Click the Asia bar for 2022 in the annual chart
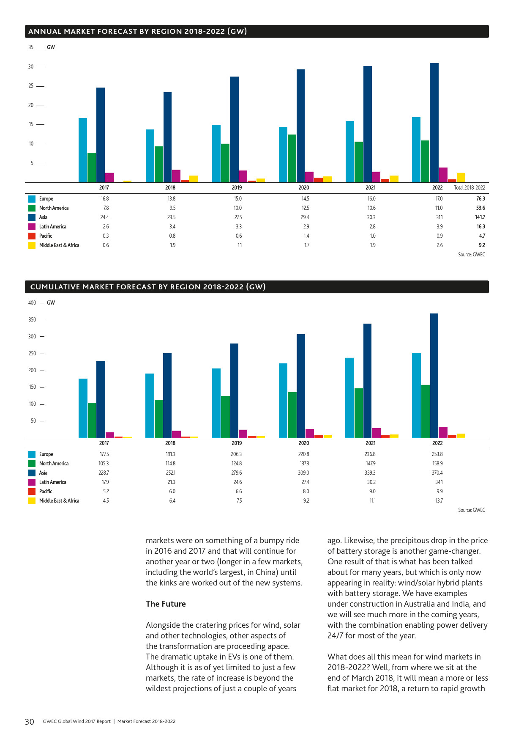click(x=434, y=123)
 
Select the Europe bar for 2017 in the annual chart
click(x=83, y=150)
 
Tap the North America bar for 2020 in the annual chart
click(x=292, y=158)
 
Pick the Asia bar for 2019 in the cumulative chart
click(x=234, y=390)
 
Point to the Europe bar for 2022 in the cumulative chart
click(x=416, y=395)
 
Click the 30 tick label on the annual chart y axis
click(x=31, y=67)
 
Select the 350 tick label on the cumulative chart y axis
click(x=32, y=320)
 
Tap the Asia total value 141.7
click(x=480, y=217)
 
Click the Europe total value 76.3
click(x=480, y=199)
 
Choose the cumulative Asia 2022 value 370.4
click(x=437, y=473)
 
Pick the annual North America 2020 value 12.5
click(x=306, y=208)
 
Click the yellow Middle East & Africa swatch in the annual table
click(x=32, y=245)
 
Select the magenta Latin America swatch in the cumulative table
click(x=32, y=482)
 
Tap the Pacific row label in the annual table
click(x=46, y=236)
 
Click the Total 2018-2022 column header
click(x=469, y=188)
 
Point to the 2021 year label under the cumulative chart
click(x=371, y=443)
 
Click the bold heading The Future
click(x=166, y=604)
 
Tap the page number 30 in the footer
click(x=29, y=722)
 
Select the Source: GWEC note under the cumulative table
click(x=472, y=510)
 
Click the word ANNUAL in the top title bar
click(x=44, y=31)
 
